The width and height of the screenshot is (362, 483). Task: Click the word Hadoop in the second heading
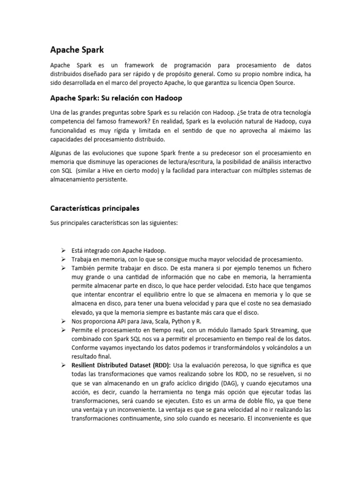coord(167,98)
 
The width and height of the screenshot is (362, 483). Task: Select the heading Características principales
coord(95,208)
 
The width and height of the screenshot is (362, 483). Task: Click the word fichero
coord(299,267)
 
